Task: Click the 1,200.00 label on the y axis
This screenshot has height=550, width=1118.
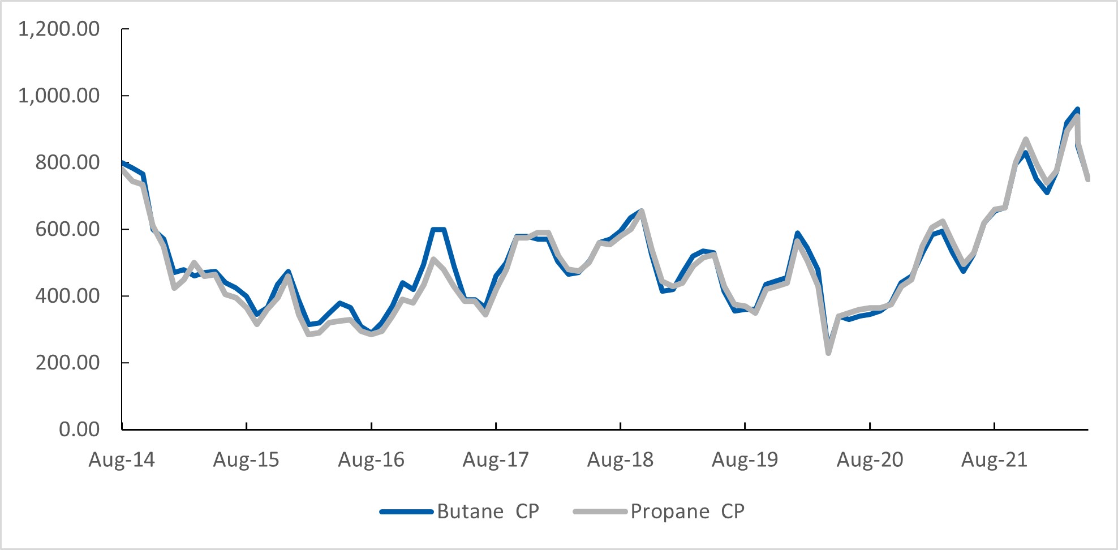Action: (x=59, y=29)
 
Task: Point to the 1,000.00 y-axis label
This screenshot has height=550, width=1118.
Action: (x=59, y=96)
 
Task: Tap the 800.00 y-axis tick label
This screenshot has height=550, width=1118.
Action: (x=67, y=162)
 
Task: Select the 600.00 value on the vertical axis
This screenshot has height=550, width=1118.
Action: (x=67, y=229)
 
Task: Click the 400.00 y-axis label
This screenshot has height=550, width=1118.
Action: (x=67, y=296)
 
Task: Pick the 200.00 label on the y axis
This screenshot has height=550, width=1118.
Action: (x=67, y=363)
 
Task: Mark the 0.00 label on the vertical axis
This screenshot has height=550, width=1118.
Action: (x=79, y=429)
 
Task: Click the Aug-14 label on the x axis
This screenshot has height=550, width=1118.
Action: (x=122, y=459)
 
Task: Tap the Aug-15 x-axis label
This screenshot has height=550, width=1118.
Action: (x=246, y=459)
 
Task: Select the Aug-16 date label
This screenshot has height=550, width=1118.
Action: (x=371, y=459)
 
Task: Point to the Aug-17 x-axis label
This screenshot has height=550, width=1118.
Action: (x=496, y=459)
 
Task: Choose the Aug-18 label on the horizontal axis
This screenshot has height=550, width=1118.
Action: (x=620, y=459)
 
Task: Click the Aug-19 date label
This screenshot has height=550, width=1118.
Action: (x=745, y=459)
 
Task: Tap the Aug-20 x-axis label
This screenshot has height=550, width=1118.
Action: (x=870, y=459)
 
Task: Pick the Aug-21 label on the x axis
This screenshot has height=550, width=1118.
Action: (x=994, y=459)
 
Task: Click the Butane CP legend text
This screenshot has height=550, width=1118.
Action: (x=488, y=512)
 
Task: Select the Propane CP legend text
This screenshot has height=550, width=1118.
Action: (x=687, y=512)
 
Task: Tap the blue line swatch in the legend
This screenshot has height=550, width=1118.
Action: (x=406, y=512)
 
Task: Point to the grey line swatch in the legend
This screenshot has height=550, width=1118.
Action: (x=600, y=512)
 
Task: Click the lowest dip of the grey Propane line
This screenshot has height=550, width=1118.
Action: (x=828, y=353)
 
